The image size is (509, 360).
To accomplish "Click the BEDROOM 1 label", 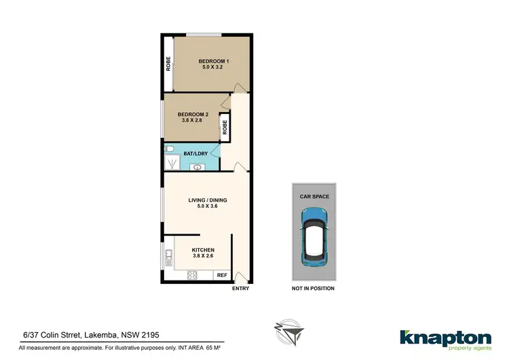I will pos(213,62).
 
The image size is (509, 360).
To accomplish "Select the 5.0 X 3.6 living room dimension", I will pos(207,208).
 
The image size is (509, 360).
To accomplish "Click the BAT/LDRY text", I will pos(196,154).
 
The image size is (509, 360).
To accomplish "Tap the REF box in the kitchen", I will pos(221,276).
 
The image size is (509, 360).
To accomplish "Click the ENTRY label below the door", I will pos(240,289).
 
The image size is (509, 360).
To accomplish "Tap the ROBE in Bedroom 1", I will pos(168,63).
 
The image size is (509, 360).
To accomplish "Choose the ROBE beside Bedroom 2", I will pos(224,126).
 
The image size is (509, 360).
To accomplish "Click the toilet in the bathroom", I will pos(170,151).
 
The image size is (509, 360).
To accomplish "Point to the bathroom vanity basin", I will pos(197,166).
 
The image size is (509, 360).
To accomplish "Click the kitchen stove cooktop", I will pos(192,276).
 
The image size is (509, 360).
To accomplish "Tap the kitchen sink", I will pos(168,257).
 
